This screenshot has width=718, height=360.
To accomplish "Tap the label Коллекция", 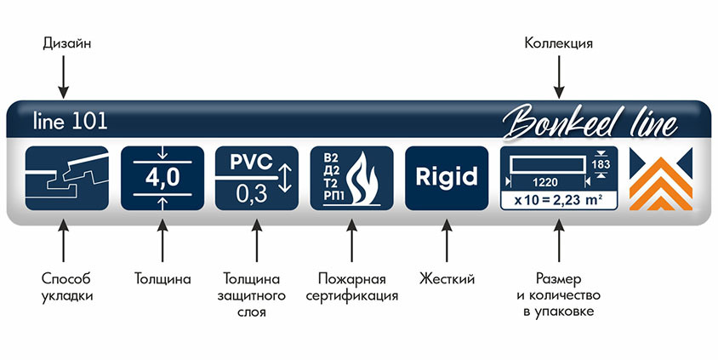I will pyautogui.click(x=558, y=42).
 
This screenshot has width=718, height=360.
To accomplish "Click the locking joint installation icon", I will pyautogui.click(x=66, y=178).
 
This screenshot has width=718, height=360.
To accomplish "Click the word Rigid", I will pyautogui.click(x=447, y=178).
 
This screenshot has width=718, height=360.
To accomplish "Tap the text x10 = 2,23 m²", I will pyautogui.click(x=557, y=200).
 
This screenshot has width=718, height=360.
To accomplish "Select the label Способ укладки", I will pyautogui.click(x=66, y=287).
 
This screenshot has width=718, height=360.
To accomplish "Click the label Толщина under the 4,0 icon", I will pyautogui.click(x=162, y=278).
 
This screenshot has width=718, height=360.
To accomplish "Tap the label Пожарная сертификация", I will pyautogui.click(x=351, y=287).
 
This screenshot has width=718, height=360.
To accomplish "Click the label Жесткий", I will pyautogui.click(x=447, y=278).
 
